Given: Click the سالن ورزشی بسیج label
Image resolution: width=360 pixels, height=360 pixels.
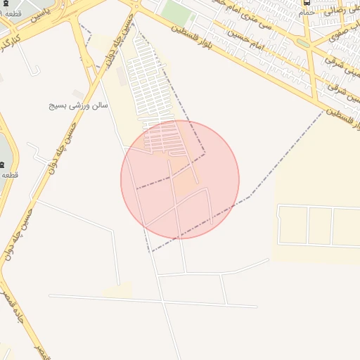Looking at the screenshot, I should (78, 105).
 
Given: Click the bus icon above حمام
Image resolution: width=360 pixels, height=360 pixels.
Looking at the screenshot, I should (307, 3).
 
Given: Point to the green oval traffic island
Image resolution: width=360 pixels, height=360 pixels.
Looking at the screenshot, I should (302, 43).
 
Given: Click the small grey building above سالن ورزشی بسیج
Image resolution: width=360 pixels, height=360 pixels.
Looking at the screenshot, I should (77, 94).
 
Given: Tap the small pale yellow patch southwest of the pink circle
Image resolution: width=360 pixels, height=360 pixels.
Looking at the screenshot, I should (117, 290).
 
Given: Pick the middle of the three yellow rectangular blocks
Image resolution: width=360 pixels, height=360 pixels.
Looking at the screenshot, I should (320, 225).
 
